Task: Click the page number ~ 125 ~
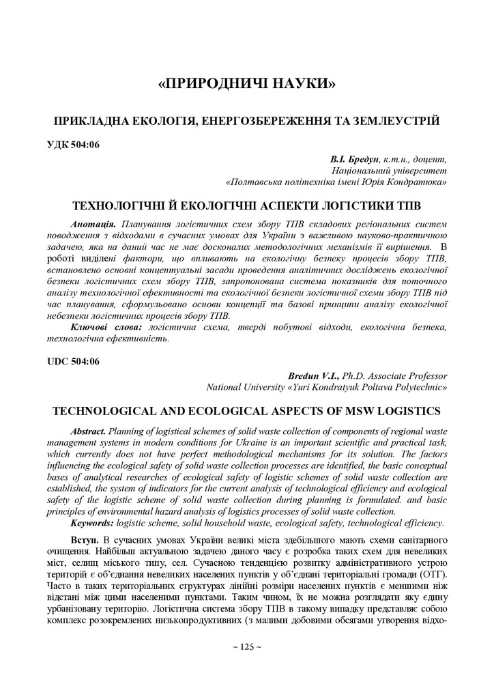click(247, 646)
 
